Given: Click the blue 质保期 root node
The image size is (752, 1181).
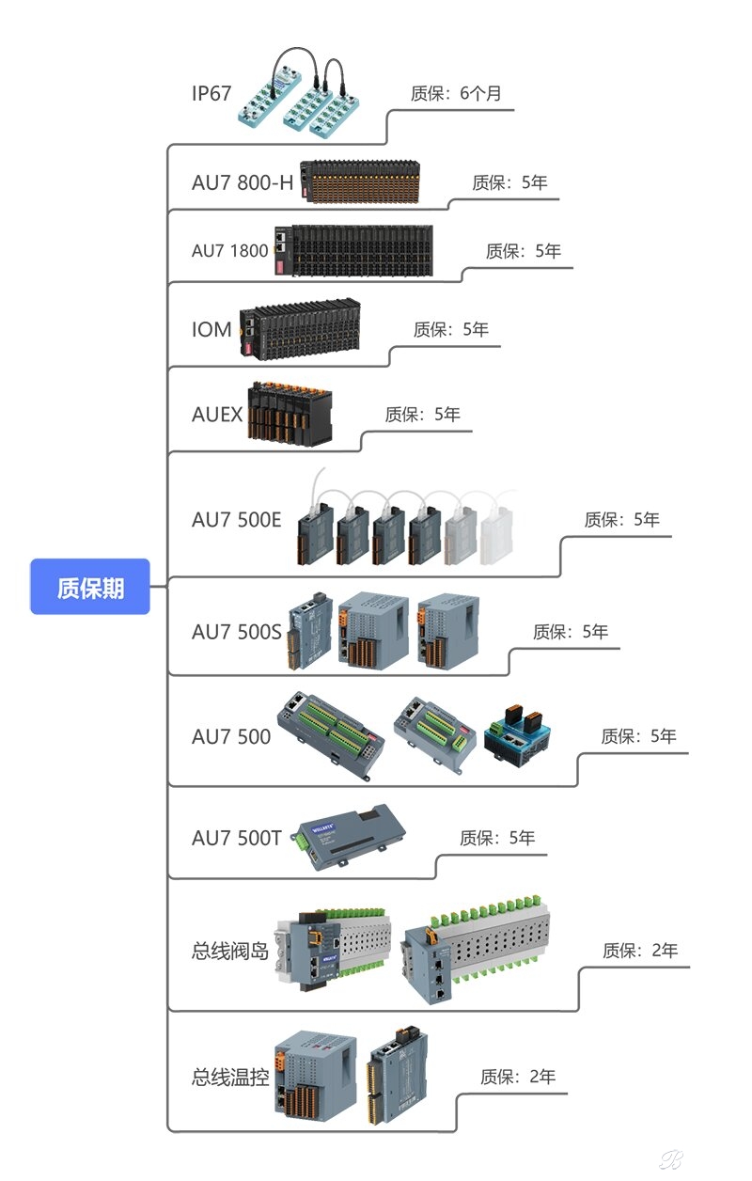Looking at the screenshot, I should tap(90, 587).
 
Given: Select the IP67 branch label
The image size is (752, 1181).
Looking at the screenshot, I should tap(211, 92).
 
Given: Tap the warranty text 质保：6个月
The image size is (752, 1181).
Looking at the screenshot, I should tap(457, 93).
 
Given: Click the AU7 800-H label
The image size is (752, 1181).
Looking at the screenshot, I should tap(243, 182).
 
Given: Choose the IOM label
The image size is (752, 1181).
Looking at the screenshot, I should tap(211, 329).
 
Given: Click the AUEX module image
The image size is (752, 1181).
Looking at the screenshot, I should tap(290, 411).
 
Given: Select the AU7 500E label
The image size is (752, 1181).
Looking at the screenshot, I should tap(237, 519).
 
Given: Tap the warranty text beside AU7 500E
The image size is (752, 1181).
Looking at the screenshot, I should tap(622, 519).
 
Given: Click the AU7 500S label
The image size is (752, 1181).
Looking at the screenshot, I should tap(237, 632).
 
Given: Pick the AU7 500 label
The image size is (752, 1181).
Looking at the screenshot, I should tap(231, 736).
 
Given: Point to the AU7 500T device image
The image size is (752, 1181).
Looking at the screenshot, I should tap(349, 832).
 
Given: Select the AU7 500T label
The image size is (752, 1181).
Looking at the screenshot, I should tap(237, 838).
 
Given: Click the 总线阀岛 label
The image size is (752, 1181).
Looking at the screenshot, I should tap(230, 951).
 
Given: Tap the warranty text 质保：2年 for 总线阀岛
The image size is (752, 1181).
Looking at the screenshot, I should tap(640, 951).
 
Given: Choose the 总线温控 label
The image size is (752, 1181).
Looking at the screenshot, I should tap(230, 1077).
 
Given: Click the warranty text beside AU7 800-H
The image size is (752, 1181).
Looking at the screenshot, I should tap(509, 182).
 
